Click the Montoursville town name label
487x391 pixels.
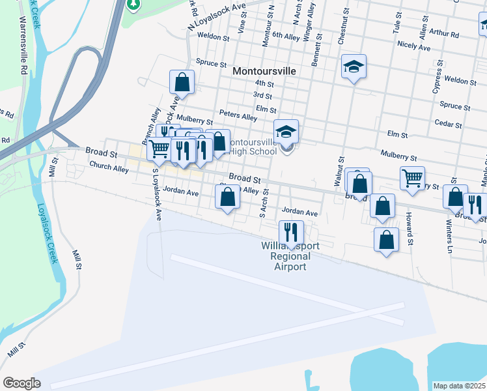264,70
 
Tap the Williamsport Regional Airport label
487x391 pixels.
284,257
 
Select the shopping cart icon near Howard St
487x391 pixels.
412,178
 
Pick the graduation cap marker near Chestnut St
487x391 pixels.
354,66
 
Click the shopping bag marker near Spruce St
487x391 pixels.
182,82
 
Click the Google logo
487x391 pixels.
21,383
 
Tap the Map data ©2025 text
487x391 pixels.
459,386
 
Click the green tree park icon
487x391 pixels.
133,5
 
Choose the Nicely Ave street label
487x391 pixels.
414,47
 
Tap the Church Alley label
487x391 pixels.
109,167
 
